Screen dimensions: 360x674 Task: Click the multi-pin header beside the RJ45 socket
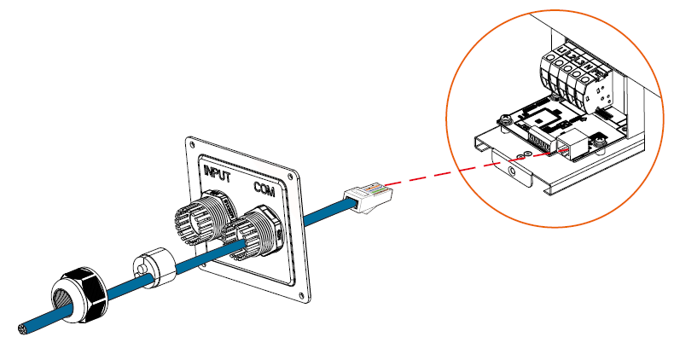point(538,140)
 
